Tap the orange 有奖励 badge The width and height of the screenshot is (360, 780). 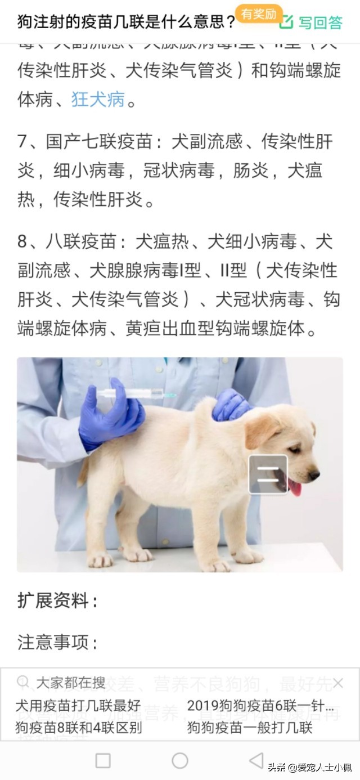tap(259, 14)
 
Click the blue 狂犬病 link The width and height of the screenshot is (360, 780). tap(98, 100)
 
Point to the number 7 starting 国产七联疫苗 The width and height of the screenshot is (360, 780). tap(22, 141)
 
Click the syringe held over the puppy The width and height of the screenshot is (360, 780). tap(141, 394)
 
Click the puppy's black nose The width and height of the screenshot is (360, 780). tap(314, 475)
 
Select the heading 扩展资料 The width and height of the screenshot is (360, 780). tap(57, 600)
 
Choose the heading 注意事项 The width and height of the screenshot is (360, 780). tap(57, 642)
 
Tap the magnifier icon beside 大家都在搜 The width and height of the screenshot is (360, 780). tap(23, 683)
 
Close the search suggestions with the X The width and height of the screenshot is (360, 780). tap(337, 683)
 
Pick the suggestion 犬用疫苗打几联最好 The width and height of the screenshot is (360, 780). tap(78, 705)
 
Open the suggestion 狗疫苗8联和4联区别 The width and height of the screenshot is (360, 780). tap(78, 727)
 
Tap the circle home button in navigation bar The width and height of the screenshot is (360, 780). tap(179, 761)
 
